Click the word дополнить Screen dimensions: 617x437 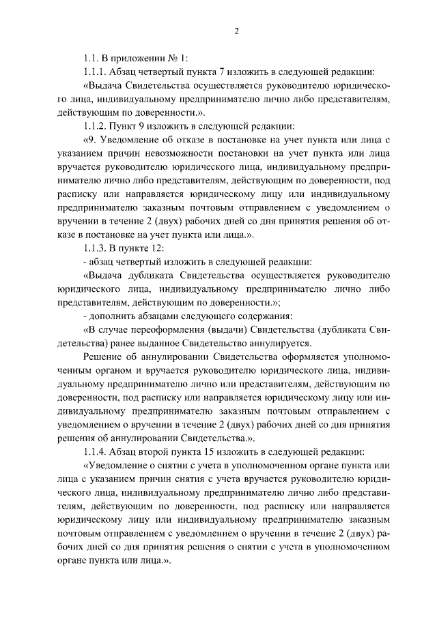(x=113, y=316)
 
